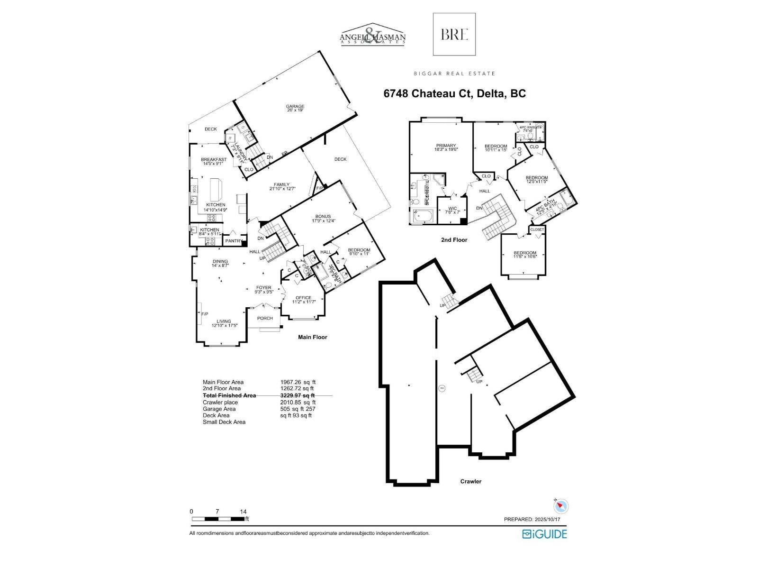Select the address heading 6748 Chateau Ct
pos(454,93)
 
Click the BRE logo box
pos(454,34)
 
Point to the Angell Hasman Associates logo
pos(373,34)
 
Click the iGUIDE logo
pos(544,534)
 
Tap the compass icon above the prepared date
pos(561,506)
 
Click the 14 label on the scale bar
pos(244,512)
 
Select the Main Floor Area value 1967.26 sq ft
pos(298,382)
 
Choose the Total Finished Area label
pos(229,395)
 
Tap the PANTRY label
pos(234,241)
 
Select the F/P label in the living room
pos(205,314)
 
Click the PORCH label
pos(265,318)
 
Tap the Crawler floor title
pos(470,481)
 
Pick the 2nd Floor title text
pos(454,240)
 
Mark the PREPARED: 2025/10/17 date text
pos(535,520)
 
